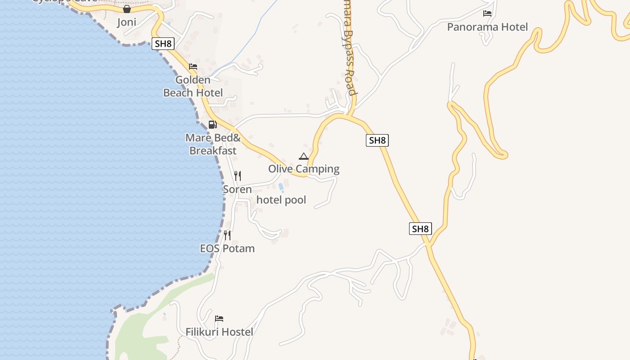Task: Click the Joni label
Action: point(126,22)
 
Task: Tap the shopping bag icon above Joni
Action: point(127,9)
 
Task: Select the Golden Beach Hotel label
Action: point(193,86)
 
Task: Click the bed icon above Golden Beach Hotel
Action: point(193,67)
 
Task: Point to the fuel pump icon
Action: point(213,124)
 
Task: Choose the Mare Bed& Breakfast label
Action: point(213,144)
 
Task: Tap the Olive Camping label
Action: point(304,169)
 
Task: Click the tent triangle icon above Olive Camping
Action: point(304,156)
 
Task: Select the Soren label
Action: point(237,189)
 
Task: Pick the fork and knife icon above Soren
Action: point(238,175)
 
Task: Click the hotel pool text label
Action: point(281,200)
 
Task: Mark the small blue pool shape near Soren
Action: point(281,186)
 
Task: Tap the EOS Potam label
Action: point(227,248)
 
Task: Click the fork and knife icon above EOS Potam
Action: point(227,235)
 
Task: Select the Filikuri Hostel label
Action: point(219,332)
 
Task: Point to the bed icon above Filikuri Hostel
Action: point(219,319)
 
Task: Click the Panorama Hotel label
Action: point(487,27)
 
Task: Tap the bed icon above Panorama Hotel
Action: point(487,13)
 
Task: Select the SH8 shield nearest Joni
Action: point(163,44)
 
